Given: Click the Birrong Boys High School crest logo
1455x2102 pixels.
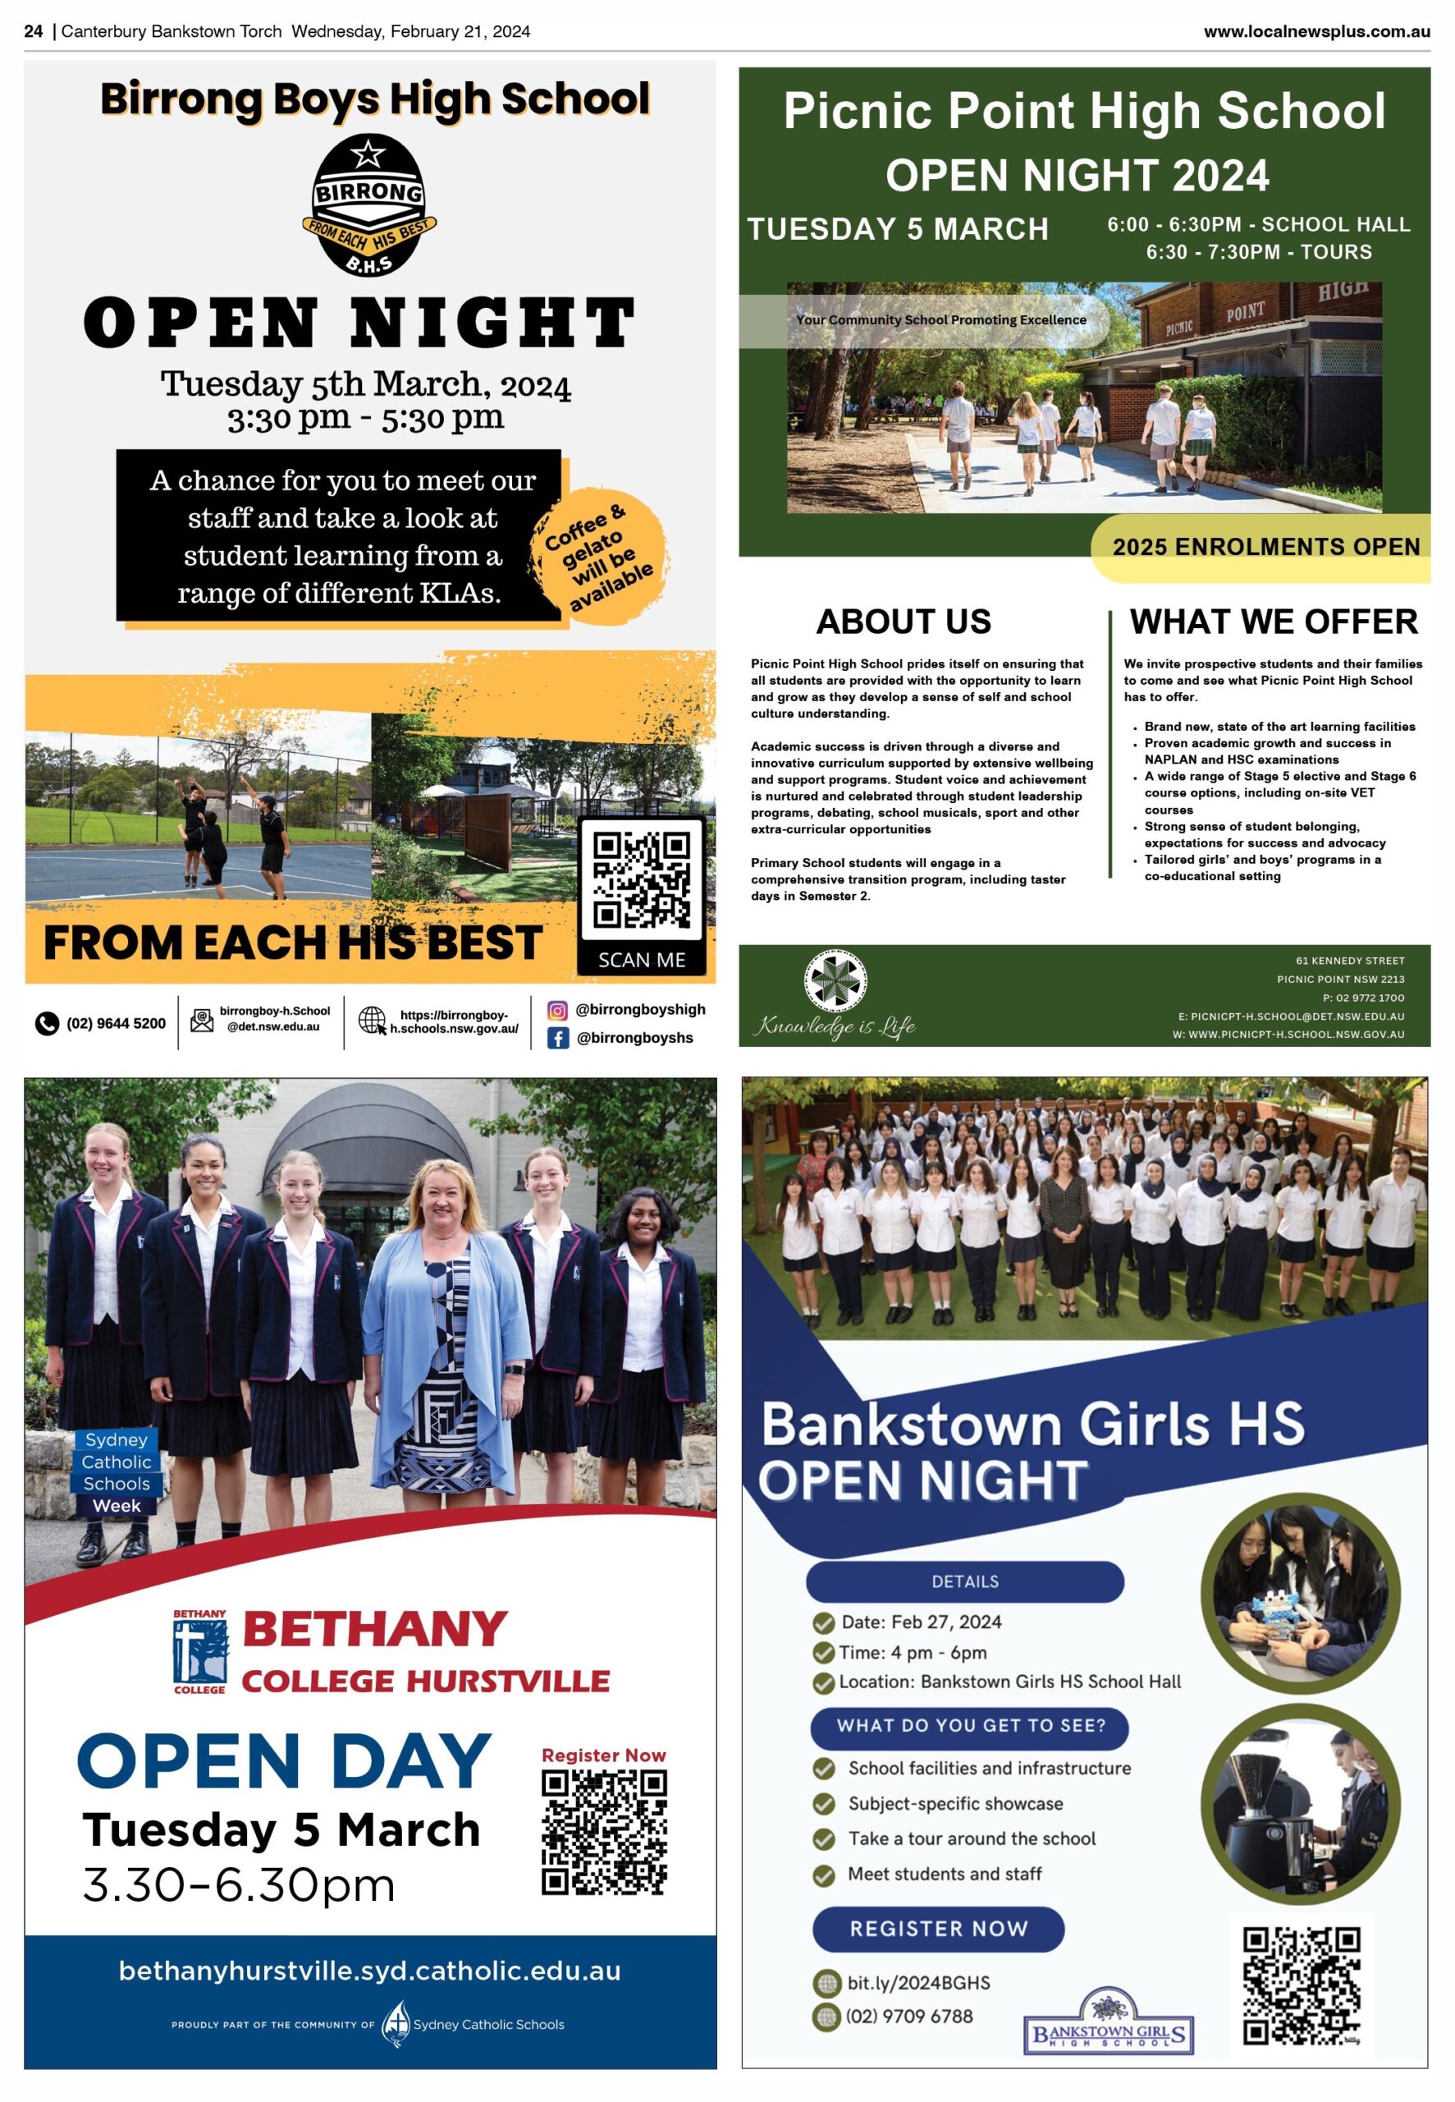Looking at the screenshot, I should [368, 206].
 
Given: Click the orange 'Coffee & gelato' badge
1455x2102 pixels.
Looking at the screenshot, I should [599, 556].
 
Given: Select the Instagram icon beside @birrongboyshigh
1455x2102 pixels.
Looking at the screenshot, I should [557, 1009].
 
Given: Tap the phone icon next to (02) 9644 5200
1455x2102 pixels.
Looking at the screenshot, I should [47, 1024].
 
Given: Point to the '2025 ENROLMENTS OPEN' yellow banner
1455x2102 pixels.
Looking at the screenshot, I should [1265, 547].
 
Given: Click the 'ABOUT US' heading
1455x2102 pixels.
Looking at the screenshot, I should [903, 622].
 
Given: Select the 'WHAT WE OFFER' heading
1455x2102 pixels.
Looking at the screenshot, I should [1273, 622].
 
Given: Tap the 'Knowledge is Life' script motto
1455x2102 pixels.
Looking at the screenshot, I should [834, 1027].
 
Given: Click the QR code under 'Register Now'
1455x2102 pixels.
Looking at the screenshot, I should [603, 1832].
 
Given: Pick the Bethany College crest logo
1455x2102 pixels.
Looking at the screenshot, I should [200, 1651].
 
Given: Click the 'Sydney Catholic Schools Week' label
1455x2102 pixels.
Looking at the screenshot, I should [117, 1472].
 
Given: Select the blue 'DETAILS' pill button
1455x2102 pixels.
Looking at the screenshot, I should [964, 1581].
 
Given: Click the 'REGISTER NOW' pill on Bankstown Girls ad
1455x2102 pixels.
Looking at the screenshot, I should [938, 1929].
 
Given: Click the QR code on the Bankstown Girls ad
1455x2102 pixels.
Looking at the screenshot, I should [1301, 1985].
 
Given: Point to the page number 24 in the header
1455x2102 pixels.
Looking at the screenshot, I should [34, 32].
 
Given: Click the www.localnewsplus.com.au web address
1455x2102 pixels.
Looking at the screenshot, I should [1315, 32].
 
